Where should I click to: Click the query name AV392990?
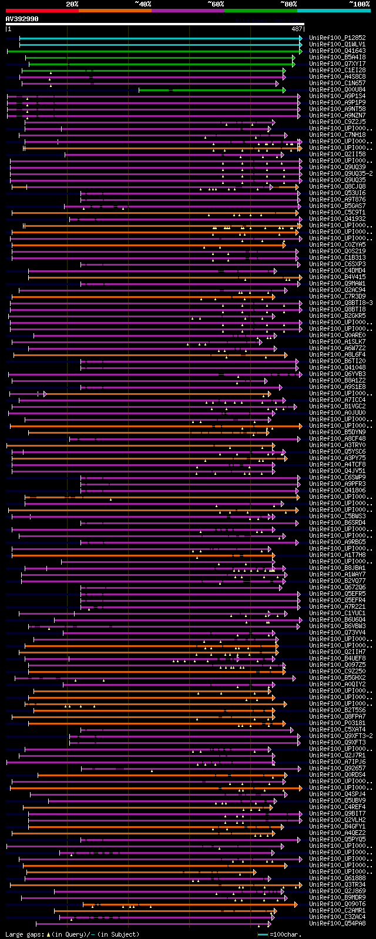coord(22,19)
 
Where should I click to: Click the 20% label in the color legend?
coord(72,4)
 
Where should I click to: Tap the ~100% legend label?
coord(359,4)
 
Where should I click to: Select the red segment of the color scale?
coord(42,10)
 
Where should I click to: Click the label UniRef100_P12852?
coord(337,38)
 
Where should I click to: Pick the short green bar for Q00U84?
coord(211,90)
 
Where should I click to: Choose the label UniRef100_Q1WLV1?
coord(337,44)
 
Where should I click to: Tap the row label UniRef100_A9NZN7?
coord(337,115)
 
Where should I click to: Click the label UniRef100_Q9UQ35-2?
coord(341,173)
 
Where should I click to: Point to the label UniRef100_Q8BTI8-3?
coord(341,303)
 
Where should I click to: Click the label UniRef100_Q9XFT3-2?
coord(341,736)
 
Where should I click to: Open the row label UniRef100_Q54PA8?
coord(337,923)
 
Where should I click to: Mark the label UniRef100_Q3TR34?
coord(337,884)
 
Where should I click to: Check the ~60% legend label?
coord(216,4)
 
